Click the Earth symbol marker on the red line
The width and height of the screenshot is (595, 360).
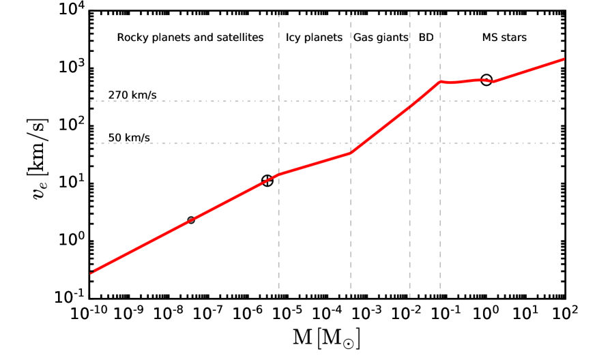[267, 181]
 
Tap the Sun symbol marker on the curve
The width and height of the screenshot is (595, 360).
[487, 80]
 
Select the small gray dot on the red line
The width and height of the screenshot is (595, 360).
[191, 220]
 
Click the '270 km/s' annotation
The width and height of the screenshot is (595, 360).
[132, 95]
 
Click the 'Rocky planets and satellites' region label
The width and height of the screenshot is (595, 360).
[190, 37]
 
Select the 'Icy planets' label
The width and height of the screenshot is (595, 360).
[314, 37]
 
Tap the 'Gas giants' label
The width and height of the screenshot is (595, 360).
[380, 37]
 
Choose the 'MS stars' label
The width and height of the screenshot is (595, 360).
[504, 37]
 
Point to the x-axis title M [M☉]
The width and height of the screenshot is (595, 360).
[325, 337]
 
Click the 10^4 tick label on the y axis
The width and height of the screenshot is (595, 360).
[71, 10]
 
